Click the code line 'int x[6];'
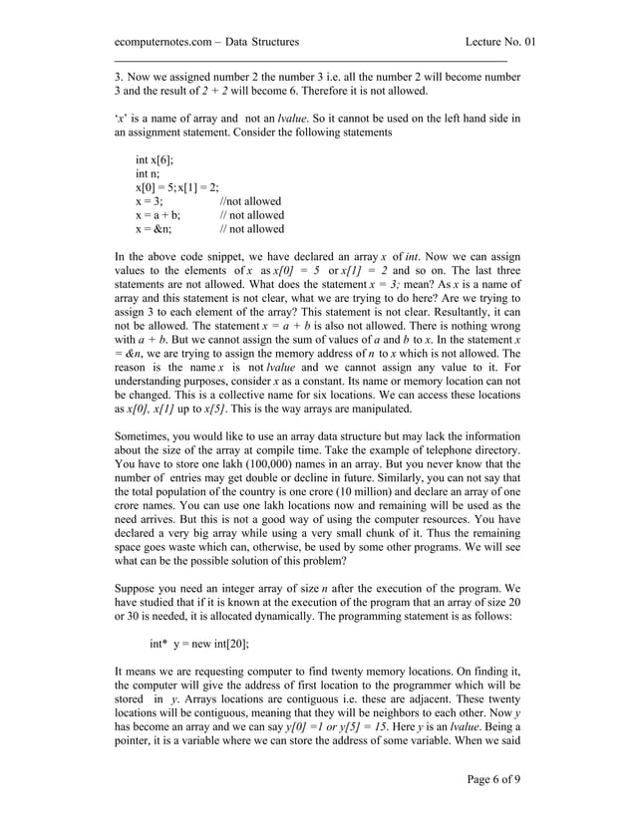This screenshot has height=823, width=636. click(155, 159)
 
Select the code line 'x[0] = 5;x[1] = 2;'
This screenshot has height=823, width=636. click(177, 187)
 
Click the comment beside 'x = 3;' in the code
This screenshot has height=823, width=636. click(250, 201)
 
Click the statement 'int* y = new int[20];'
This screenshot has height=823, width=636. click(199, 644)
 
